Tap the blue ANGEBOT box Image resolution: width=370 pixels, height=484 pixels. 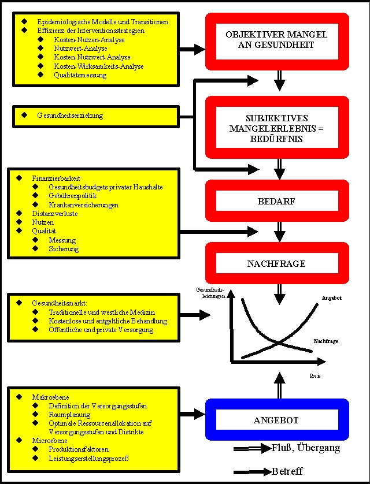coord(276,420)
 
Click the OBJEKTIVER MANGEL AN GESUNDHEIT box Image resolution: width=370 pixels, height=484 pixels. coord(276,39)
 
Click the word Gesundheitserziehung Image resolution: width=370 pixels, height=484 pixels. coord(70,116)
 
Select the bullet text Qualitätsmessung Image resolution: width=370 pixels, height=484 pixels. coord(80,75)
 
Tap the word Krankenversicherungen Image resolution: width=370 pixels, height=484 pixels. coord(84,205)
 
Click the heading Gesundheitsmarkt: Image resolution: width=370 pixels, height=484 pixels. coord(59,303)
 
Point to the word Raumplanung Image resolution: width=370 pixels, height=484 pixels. coord(70,415)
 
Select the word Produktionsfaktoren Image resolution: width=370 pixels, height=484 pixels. coord(79,449)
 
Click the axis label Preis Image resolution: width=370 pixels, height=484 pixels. coord(316,375)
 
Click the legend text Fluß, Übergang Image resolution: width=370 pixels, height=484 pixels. coord(305,448)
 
